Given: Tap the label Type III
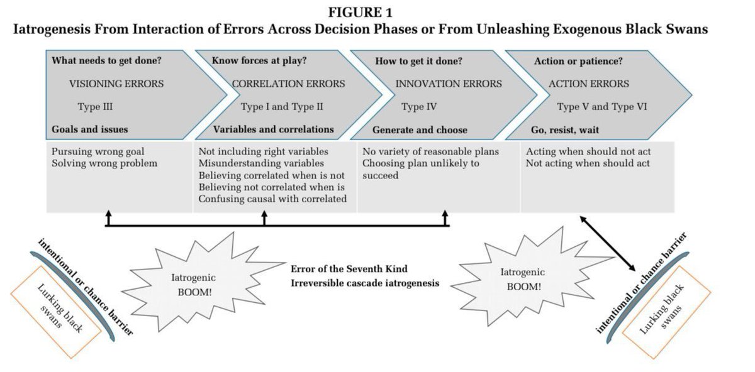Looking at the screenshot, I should (95, 106).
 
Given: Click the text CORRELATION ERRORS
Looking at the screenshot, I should (288, 84).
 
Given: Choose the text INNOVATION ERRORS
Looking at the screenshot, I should (449, 84).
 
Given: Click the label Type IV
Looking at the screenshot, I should (419, 106).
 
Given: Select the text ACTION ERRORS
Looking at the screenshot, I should (588, 84).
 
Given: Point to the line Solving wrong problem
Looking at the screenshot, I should (104, 163).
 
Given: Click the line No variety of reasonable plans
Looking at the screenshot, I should (430, 151).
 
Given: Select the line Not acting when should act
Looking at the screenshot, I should (587, 163).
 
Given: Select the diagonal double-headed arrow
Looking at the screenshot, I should (608, 241).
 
